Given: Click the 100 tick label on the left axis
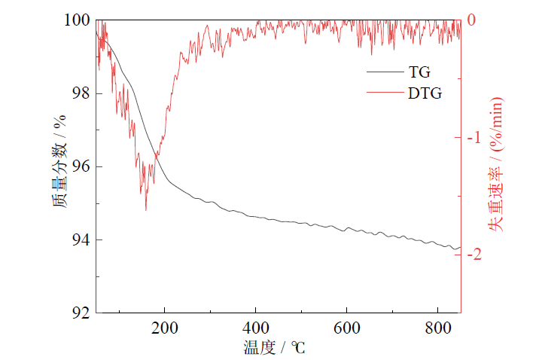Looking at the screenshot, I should click(x=76, y=20).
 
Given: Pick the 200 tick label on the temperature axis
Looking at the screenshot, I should click(x=165, y=328).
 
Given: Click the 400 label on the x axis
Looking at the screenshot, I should click(x=256, y=328).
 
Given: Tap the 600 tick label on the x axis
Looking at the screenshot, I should click(x=346, y=328).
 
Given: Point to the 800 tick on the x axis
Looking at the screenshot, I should click(x=437, y=328).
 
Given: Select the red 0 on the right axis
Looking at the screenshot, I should click(x=471, y=20).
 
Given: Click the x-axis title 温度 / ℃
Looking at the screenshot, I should click(x=275, y=347).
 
